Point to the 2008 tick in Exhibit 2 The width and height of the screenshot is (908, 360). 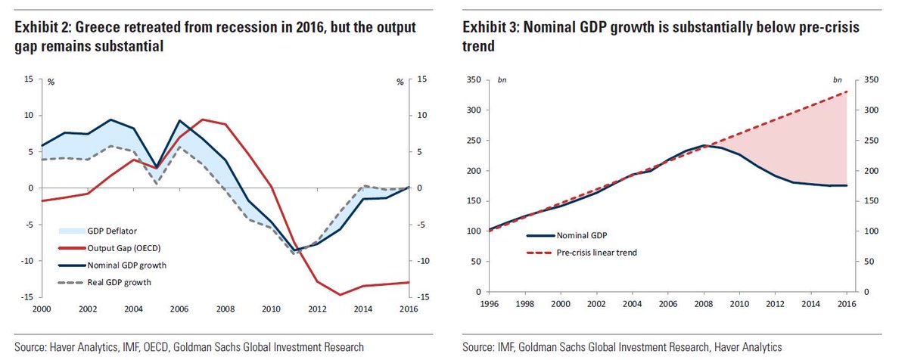[225, 309]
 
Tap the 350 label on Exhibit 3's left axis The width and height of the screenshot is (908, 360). [473, 79]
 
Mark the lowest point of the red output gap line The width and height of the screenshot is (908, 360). [340, 295]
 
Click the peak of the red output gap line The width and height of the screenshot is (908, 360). [202, 119]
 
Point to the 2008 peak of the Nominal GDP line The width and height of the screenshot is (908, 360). [703, 145]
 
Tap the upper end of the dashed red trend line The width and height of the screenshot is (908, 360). [847, 92]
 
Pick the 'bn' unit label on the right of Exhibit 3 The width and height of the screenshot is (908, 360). [837, 79]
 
